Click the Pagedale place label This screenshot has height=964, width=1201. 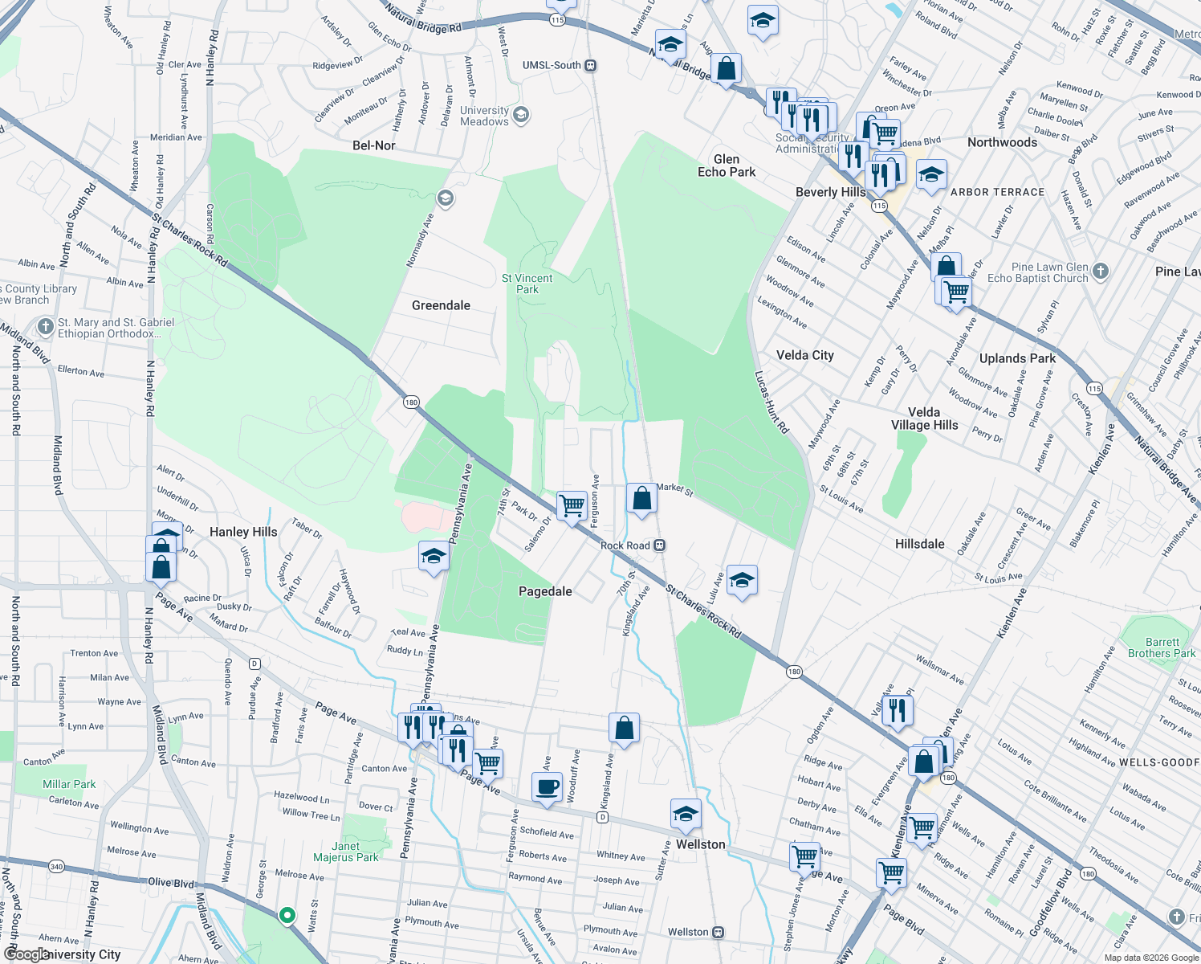(x=545, y=591)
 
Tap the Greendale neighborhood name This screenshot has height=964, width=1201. (x=441, y=305)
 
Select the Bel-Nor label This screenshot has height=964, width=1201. (x=374, y=145)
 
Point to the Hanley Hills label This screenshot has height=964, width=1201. (x=243, y=532)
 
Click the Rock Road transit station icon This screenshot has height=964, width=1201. (x=659, y=545)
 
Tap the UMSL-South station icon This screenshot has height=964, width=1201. (x=591, y=65)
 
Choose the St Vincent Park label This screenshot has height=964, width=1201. (x=527, y=284)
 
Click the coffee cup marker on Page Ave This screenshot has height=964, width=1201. (x=547, y=786)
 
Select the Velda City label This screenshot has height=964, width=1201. (x=805, y=355)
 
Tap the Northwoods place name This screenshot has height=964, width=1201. (x=1002, y=142)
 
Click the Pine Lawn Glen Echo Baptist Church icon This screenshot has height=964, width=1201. (x=1101, y=272)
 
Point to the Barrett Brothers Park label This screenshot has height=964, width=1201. (x=1162, y=647)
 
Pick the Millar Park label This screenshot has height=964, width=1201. (x=69, y=784)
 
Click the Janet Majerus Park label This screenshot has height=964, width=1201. (x=345, y=852)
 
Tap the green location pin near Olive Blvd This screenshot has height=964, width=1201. (x=287, y=915)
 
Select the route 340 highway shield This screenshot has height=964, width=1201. (x=56, y=866)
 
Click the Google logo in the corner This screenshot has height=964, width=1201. (x=26, y=954)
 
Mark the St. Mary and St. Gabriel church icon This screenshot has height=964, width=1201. (x=45, y=327)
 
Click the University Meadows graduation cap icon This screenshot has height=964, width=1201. (x=521, y=115)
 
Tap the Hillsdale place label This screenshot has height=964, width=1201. (x=919, y=544)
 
